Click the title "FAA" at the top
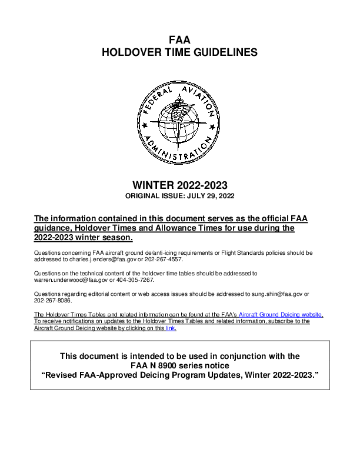(x=179, y=40)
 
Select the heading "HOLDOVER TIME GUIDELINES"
(x=179, y=52)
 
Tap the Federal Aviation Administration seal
(x=179, y=122)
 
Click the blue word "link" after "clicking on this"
(x=171, y=328)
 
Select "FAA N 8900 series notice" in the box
(x=179, y=365)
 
